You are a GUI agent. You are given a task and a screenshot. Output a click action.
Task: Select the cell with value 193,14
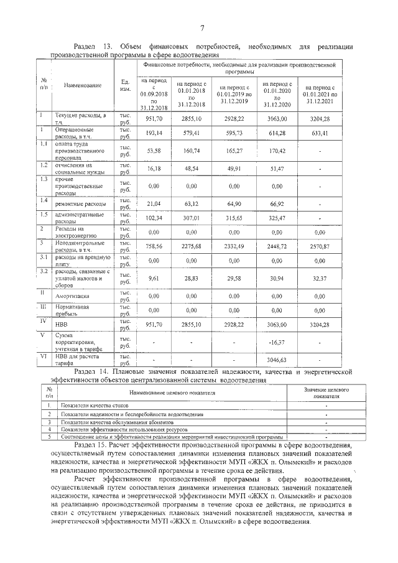pyautogui.click(x=153, y=133)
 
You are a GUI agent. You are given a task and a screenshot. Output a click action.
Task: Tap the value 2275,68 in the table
pyautogui.click(x=191, y=246)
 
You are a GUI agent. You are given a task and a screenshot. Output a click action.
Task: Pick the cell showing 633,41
pyautogui.click(x=318, y=133)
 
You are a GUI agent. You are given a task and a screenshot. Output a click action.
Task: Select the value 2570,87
pyautogui.click(x=318, y=246)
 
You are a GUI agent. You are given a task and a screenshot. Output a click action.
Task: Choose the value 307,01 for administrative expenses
pyautogui.click(x=191, y=218)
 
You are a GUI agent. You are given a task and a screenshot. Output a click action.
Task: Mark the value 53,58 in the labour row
pyautogui.click(x=153, y=150)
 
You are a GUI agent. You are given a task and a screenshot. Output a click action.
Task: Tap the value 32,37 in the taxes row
pyautogui.click(x=318, y=278)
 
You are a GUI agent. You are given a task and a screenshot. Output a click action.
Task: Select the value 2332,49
pyautogui.click(x=233, y=246)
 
